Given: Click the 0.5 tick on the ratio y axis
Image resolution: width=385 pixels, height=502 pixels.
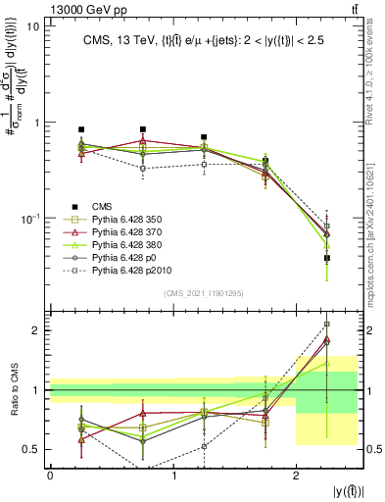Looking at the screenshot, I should pos(30,449).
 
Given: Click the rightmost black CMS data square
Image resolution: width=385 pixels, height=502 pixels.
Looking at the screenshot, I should pos(327,258).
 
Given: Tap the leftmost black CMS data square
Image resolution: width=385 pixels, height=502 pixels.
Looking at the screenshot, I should pos(81,129).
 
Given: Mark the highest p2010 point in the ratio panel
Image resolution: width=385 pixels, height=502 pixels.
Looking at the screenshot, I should pos(327,324).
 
